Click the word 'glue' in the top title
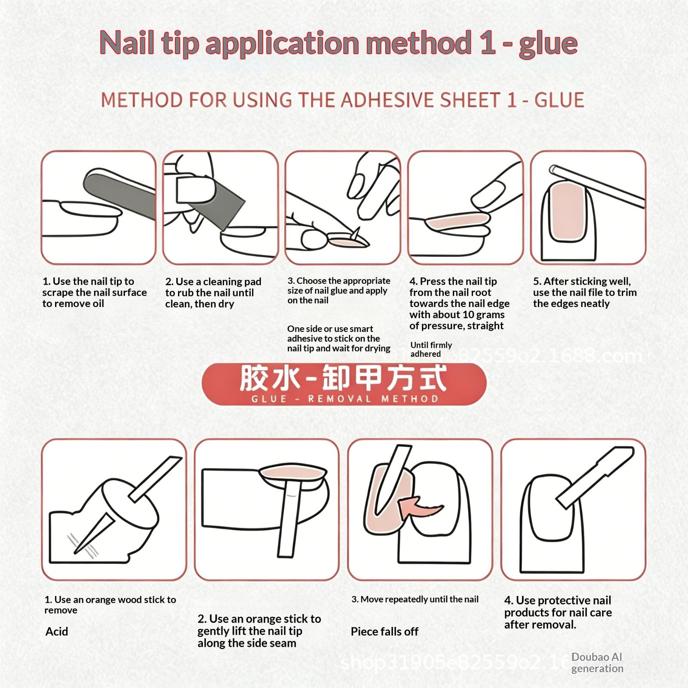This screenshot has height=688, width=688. [x=548, y=44]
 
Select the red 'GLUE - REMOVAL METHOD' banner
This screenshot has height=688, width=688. [x=344, y=384]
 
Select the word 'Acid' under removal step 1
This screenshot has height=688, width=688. [x=57, y=631]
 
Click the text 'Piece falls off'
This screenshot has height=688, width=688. [x=384, y=631]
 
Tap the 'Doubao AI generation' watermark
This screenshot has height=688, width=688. [x=597, y=663]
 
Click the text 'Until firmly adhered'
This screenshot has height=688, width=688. [x=431, y=349]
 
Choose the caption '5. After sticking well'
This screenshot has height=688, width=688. [x=582, y=281]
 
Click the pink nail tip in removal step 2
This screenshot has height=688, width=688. [x=293, y=473]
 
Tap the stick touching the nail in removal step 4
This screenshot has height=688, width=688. [x=596, y=476]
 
